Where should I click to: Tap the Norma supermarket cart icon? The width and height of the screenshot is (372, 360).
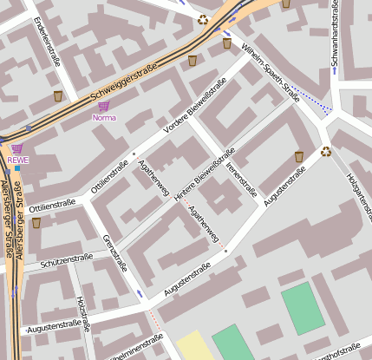pyautogui.click(x=103, y=105)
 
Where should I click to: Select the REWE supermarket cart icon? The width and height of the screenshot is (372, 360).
pyautogui.click(x=16, y=148)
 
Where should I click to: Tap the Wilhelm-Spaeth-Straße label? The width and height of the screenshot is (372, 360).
pyautogui.click(x=271, y=73)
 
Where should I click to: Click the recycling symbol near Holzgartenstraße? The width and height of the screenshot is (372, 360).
pyautogui.click(x=325, y=152)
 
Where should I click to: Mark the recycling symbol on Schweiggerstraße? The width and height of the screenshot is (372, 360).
pyautogui.click(x=203, y=19)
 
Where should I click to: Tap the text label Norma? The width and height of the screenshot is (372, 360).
pyautogui.click(x=103, y=117)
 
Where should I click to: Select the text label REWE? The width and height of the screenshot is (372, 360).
pyautogui.click(x=17, y=160)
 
